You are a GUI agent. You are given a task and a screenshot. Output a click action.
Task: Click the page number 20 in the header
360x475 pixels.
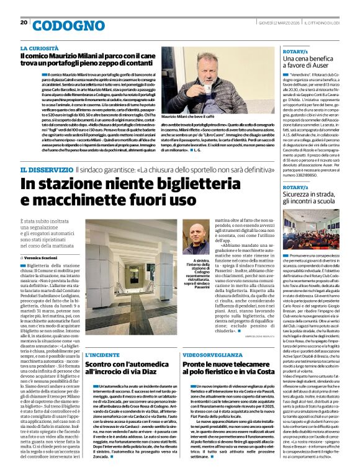(x=24, y=22)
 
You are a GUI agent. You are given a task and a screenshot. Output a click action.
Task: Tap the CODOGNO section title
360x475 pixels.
(x=60, y=26)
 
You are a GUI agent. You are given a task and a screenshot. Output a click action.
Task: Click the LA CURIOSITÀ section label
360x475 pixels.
(x=41, y=48)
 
